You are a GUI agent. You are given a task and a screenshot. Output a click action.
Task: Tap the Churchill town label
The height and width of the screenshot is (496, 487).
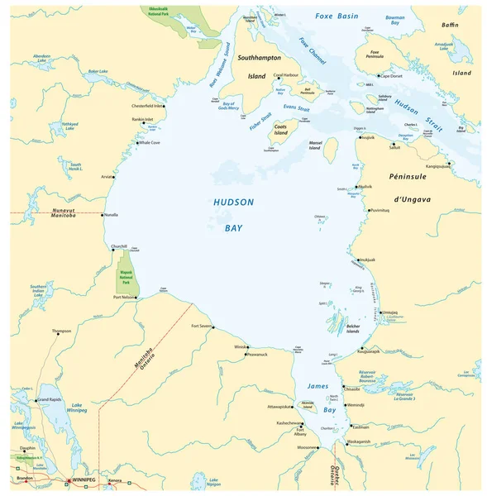119,246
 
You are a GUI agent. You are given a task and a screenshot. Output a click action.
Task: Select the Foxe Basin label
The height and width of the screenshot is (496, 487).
337,16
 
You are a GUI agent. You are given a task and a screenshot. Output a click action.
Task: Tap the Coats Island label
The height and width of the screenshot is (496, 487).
281,129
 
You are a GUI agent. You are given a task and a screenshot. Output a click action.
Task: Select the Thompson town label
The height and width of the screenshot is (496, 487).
61,331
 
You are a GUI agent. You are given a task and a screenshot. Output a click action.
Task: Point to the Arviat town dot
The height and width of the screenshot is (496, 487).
114,177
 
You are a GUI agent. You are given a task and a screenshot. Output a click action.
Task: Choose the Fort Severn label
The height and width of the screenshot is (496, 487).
202,326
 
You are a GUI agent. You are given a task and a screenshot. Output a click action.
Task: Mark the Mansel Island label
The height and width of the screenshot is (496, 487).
309,146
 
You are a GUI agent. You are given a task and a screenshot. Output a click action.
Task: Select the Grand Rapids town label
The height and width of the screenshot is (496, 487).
50,400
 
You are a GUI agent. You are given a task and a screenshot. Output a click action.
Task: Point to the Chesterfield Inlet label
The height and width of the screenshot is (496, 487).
147,106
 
